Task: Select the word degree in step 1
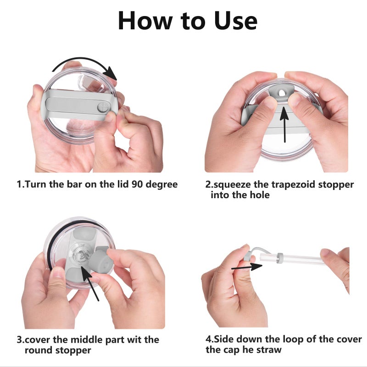pos(161,185)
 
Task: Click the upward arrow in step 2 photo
pos(284,124)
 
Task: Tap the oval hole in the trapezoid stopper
pos(282,93)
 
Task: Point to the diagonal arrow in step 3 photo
pos(90,283)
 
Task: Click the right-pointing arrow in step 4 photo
pos(247,267)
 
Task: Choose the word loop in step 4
pos(293,339)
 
